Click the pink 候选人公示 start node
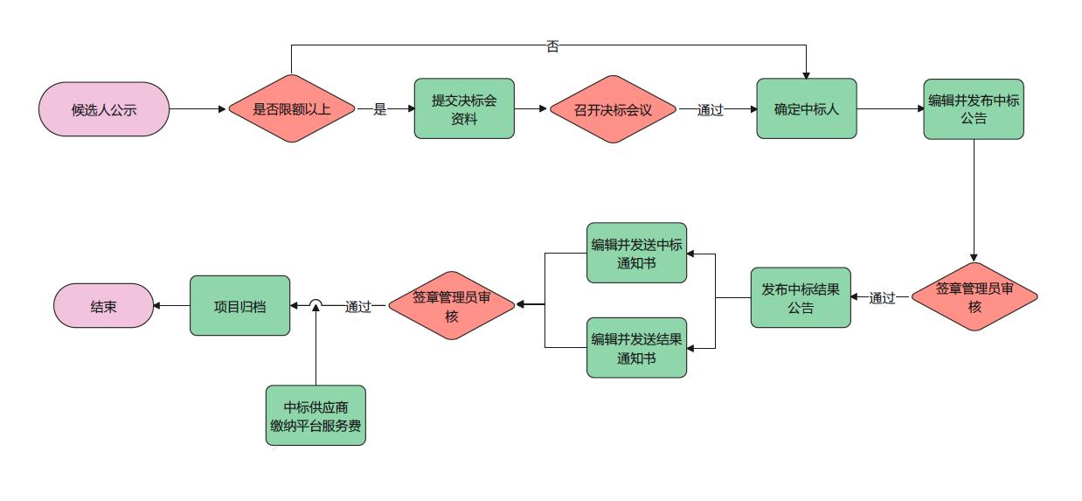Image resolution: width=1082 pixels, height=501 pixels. click(x=104, y=109)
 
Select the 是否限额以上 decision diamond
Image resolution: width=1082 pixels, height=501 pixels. click(x=292, y=109)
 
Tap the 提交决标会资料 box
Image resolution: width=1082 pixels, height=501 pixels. click(x=464, y=108)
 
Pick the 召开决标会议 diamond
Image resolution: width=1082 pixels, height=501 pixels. click(x=614, y=109)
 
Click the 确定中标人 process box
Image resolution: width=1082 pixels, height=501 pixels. click(x=806, y=108)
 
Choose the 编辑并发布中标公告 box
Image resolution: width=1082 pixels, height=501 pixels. click(x=973, y=108)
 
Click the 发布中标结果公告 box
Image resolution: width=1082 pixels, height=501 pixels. click(x=800, y=297)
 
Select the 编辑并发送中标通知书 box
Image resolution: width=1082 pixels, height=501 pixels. click(x=636, y=253)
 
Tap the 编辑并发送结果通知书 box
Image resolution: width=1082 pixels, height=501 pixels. click(x=636, y=348)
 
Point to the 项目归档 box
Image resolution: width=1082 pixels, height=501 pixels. click(x=239, y=305)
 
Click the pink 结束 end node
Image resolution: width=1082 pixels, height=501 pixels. click(x=104, y=305)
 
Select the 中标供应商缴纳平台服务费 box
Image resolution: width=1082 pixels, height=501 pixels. click(x=316, y=415)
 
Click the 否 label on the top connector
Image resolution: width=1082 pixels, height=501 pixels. click(x=552, y=46)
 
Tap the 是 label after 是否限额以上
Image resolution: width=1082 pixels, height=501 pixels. click(x=379, y=110)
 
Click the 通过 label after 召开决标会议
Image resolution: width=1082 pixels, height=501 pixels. click(x=710, y=110)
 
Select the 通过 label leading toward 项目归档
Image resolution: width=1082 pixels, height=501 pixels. click(x=357, y=306)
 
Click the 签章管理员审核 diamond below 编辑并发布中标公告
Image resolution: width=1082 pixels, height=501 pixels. click(x=974, y=297)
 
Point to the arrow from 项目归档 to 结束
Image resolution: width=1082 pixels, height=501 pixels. click(x=172, y=305)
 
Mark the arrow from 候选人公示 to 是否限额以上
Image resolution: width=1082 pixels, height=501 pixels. click(x=198, y=109)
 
